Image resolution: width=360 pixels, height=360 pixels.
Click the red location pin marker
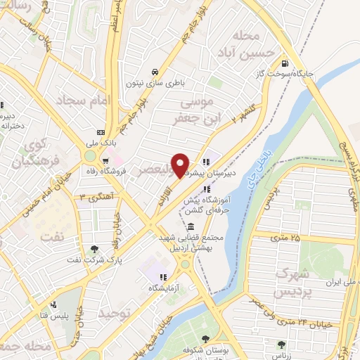[181, 165]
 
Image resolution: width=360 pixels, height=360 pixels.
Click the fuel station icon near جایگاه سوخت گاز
[284, 62]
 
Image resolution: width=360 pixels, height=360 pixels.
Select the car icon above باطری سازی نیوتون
[154, 71]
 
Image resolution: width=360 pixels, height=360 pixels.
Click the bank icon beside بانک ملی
[101, 131]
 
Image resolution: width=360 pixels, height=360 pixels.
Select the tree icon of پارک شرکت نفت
[94, 248]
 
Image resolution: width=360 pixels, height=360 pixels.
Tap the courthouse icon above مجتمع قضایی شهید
[191, 226]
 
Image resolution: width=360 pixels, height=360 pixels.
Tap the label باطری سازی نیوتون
[164, 82]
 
